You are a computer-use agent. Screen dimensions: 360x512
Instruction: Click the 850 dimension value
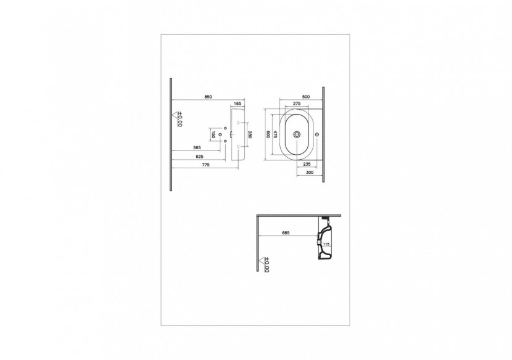pyautogui.click(x=210, y=97)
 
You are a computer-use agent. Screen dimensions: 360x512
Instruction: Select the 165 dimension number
pyautogui.click(x=237, y=104)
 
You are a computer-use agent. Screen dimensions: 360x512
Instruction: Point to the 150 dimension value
pyautogui.click(x=213, y=134)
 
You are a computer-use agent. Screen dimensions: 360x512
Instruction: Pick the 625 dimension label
pyautogui.click(x=199, y=157)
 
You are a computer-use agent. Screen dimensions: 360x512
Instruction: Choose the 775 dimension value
pyautogui.click(x=206, y=165)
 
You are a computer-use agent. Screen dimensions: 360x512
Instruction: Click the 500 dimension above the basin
pyautogui.click(x=297, y=97)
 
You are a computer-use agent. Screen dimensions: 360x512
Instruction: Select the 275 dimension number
pyautogui.click(x=296, y=104)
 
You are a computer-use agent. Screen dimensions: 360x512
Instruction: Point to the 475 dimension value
pyautogui.click(x=276, y=135)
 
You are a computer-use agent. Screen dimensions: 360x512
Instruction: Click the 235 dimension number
pyautogui.click(x=307, y=164)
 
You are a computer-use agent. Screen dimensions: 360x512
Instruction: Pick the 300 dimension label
pyautogui.click(x=310, y=173)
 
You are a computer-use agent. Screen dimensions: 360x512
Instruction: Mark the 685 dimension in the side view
pyautogui.click(x=286, y=234)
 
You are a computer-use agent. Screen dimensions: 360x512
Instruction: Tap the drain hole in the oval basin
pyautogui.click(x=298, y=134)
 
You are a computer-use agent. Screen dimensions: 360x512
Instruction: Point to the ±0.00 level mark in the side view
pyautogui.click(x=266, y=265)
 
